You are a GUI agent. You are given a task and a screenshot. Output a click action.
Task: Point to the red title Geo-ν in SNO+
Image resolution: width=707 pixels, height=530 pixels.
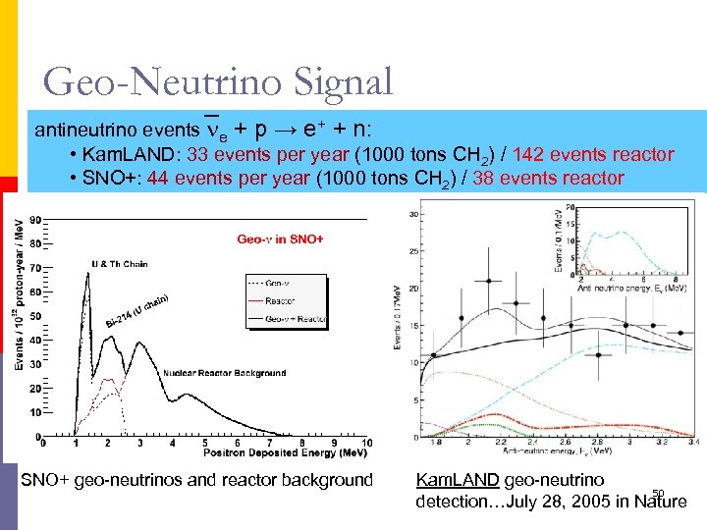[x=280, y=238]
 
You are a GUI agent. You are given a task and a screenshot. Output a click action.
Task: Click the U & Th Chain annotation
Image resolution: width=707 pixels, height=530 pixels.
[x=120, y=263]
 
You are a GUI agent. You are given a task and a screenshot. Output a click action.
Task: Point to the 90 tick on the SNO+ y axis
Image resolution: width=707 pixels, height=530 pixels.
[x=35, y=220]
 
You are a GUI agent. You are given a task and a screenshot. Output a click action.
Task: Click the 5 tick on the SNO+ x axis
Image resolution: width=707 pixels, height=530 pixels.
[x=204, y=444]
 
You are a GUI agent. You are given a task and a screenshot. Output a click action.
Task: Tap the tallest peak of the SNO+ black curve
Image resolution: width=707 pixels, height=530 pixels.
[x=87, y=274]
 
